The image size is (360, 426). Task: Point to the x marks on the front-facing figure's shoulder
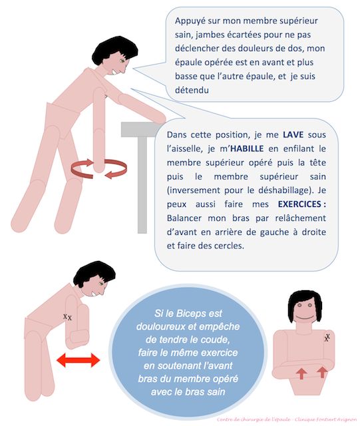coord(327,338)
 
